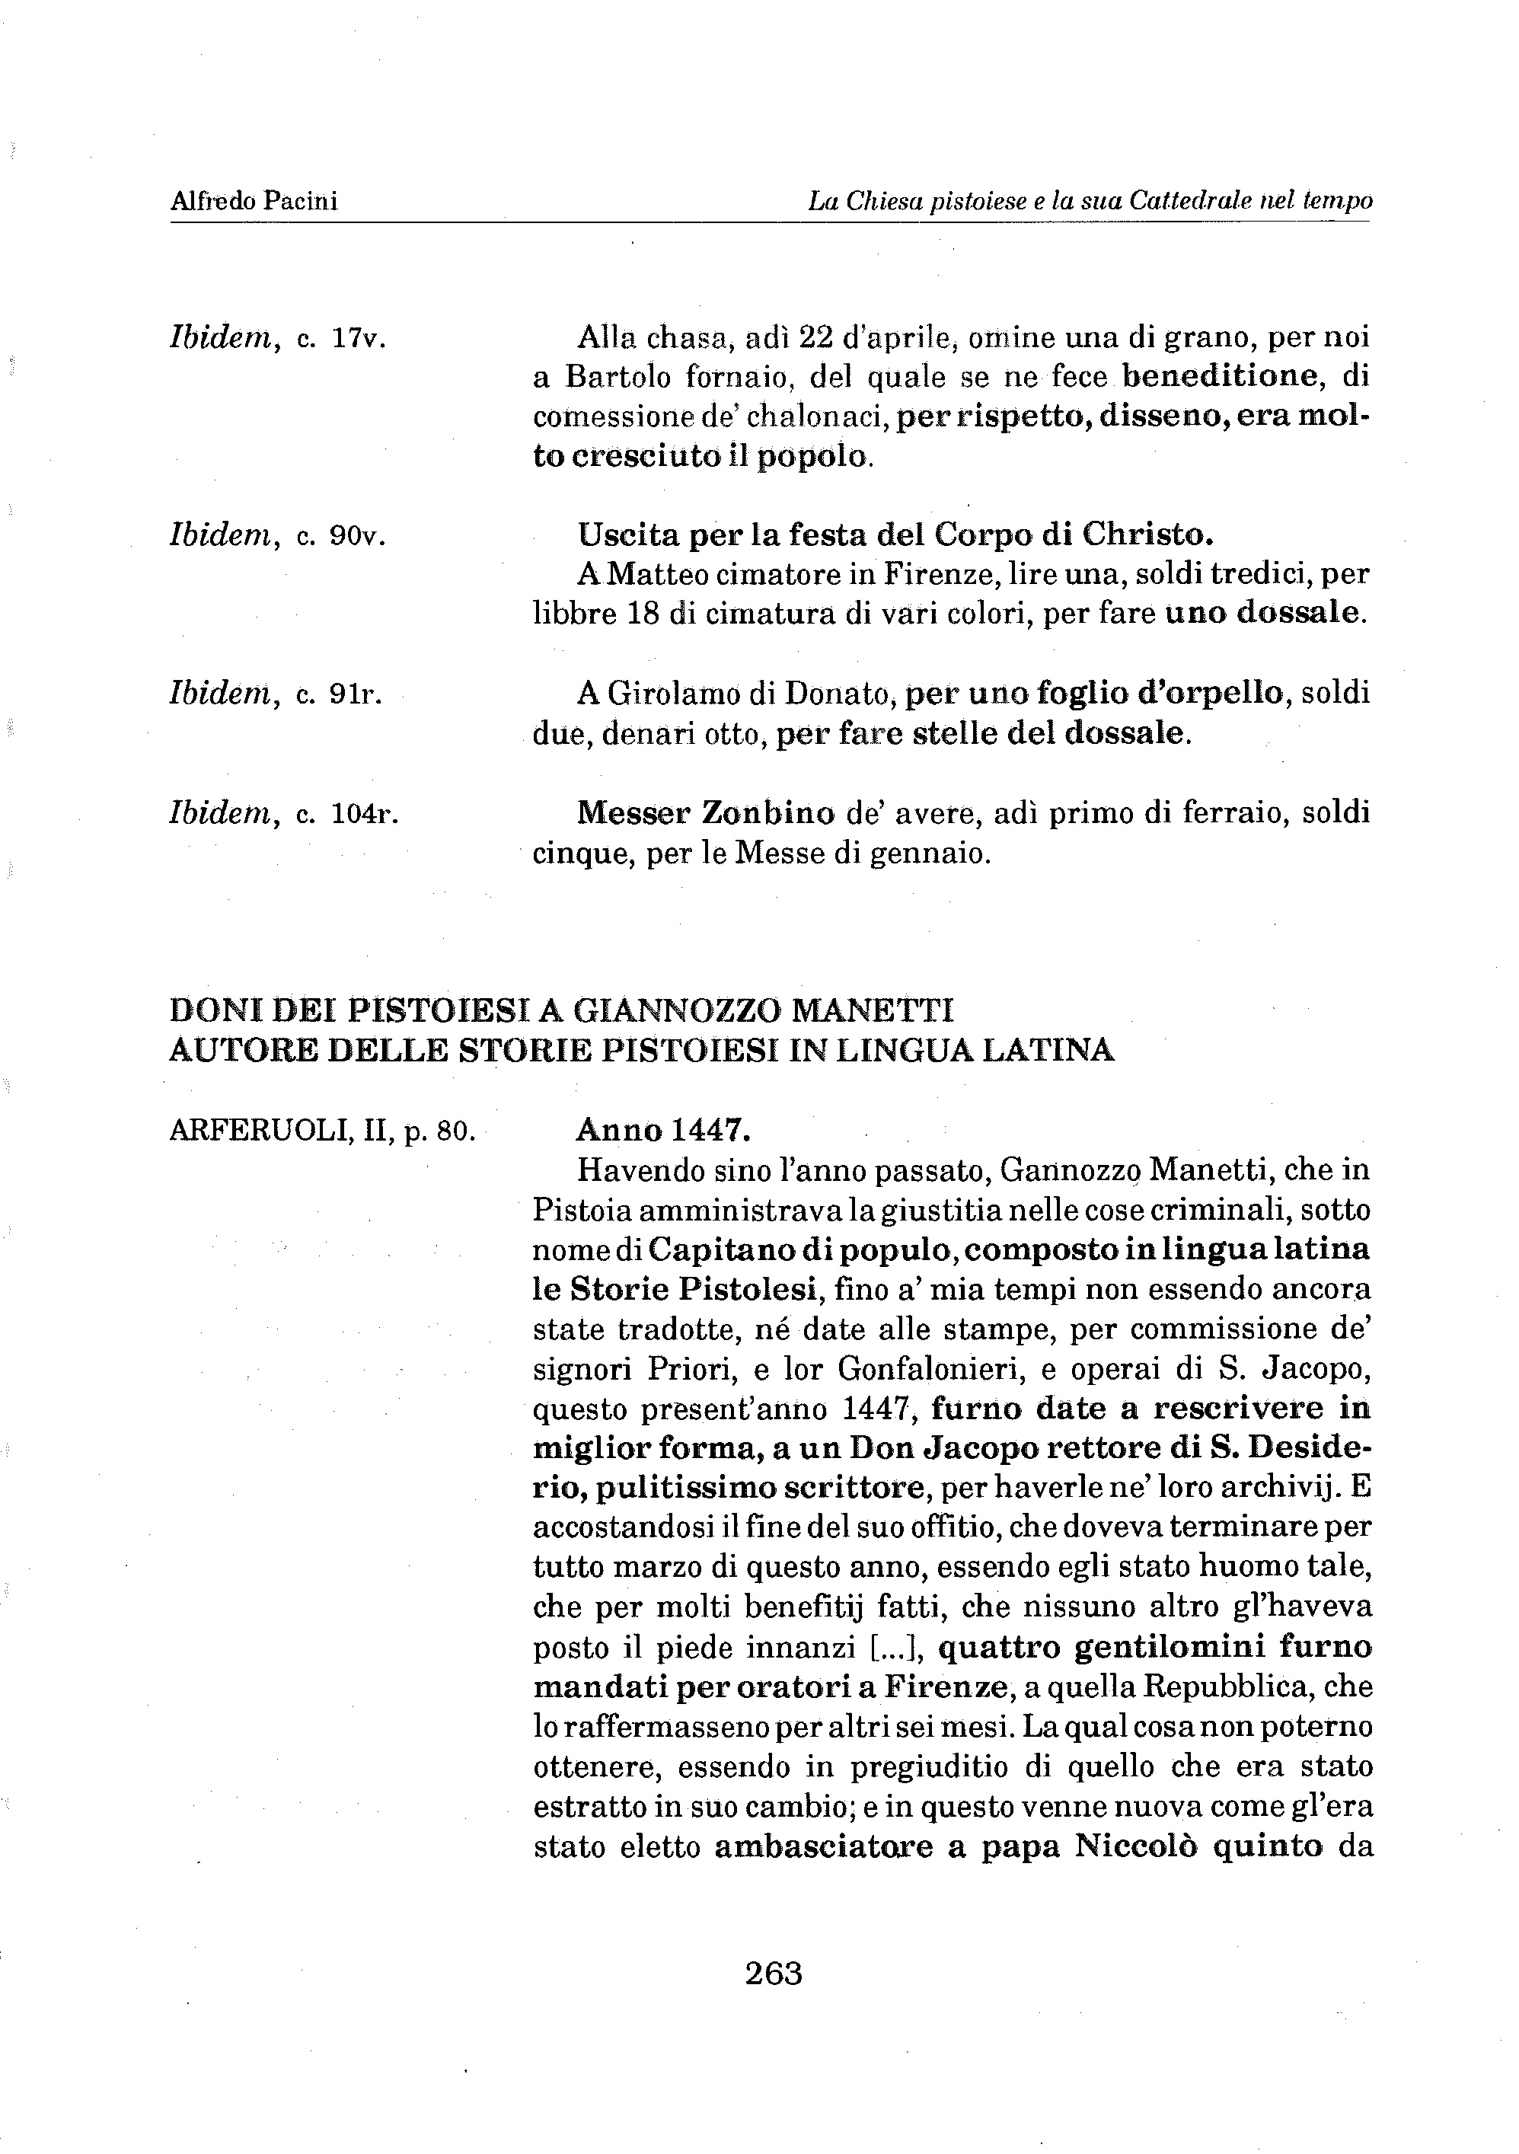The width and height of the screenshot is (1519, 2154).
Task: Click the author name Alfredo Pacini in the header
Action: [254, 201]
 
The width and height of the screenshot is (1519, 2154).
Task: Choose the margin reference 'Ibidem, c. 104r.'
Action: [284, 812]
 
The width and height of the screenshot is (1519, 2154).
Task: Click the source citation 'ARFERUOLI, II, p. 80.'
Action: [323, 1131]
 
